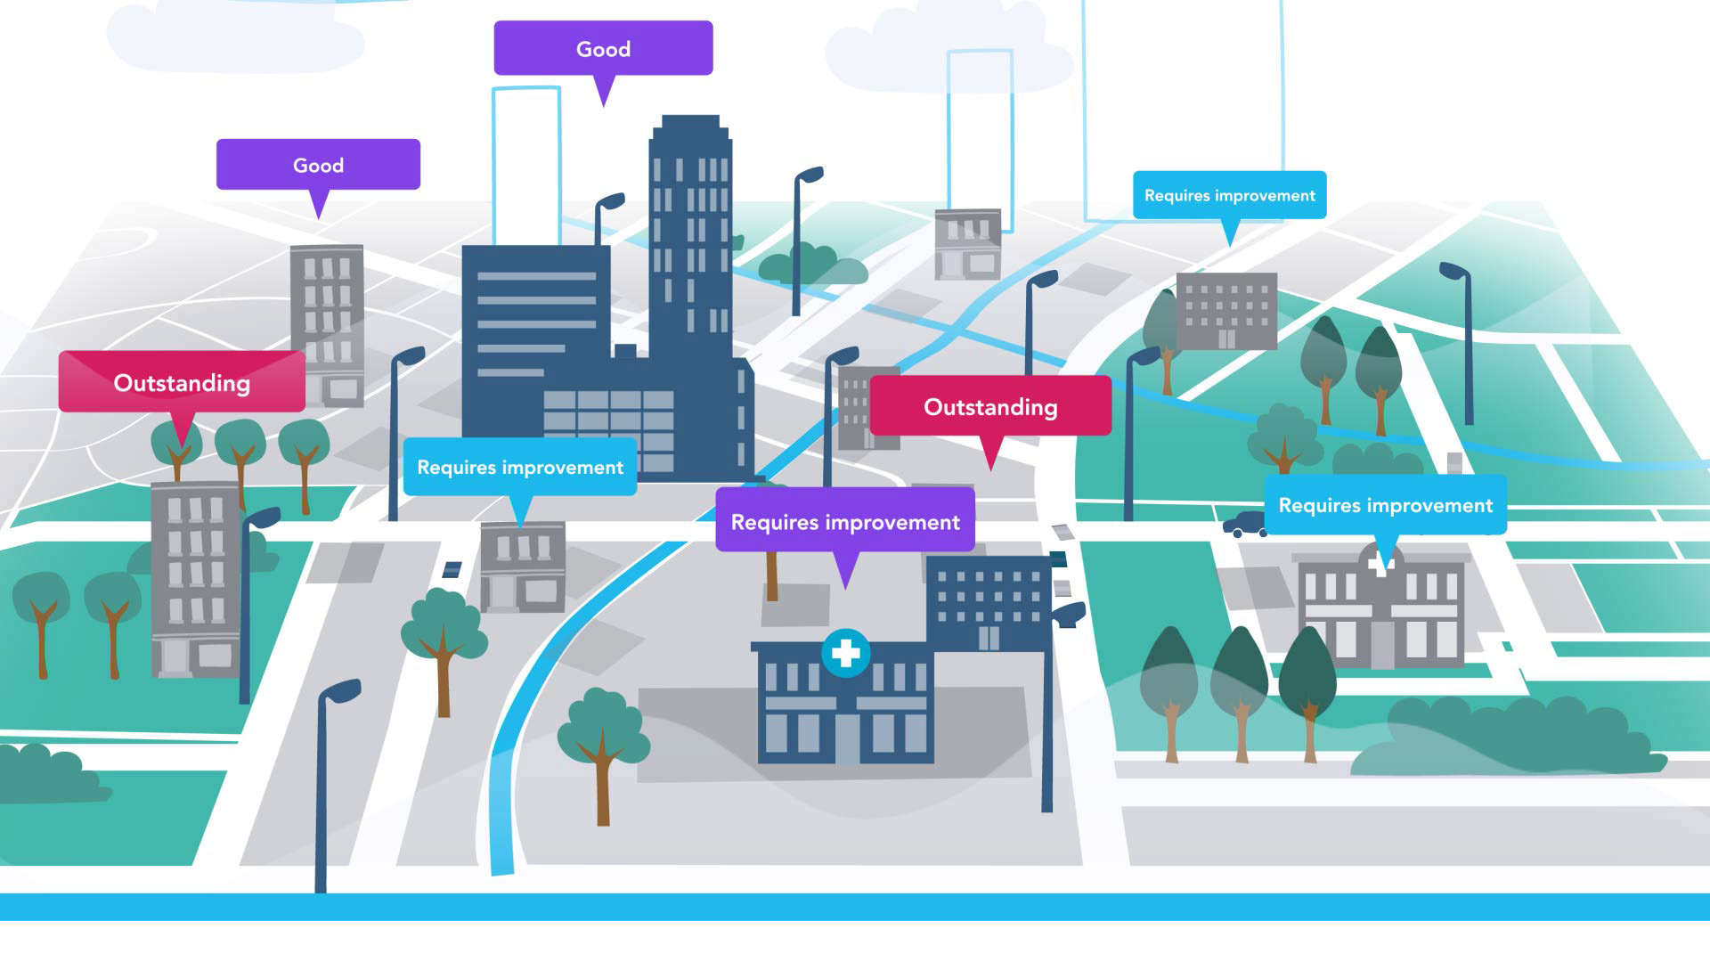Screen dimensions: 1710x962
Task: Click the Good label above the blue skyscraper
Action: coord(603,49)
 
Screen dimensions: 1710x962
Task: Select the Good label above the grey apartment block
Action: coord(318,165)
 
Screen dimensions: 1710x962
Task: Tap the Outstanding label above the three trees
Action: coord(182,382)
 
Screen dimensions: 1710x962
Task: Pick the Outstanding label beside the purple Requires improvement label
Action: coord(990,406)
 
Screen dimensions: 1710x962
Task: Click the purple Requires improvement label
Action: coord(845,522)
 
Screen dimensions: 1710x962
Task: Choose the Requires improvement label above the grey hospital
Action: coord(1385,505)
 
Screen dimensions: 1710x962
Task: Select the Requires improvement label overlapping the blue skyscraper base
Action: coord(520,467)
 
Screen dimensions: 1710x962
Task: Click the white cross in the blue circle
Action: coord(845,654)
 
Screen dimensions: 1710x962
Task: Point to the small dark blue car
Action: coord(1245,524)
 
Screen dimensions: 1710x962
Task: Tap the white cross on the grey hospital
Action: coord(1380,564)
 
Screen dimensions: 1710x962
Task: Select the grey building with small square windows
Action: coord(1226,311)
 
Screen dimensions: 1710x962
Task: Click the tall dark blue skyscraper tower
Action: coord(690,232)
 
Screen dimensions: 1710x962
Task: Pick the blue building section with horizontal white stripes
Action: coord(535,321)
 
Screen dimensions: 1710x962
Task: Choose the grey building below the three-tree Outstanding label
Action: coord(194,579)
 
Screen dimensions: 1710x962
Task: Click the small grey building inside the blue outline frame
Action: coord(968,244)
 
